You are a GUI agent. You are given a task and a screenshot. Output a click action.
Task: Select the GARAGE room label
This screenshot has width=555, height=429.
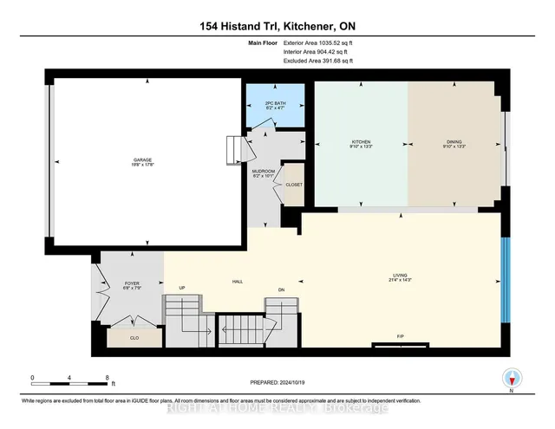[144, 159]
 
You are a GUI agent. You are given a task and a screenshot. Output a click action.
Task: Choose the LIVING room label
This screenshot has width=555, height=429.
[400, 278]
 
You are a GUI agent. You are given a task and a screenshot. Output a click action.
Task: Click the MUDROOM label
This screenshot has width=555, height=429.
[263, 172]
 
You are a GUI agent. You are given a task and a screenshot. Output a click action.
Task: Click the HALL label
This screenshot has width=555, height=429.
[236, 282]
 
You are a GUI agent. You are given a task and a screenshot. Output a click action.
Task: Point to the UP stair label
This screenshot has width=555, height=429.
[181, 288]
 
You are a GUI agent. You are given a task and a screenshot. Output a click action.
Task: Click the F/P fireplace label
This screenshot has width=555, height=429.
[402, 337]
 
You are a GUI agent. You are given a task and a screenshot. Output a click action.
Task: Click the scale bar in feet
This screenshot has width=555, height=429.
[69, 379]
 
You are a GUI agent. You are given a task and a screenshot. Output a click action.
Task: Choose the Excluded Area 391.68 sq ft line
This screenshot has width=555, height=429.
[317, 61]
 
